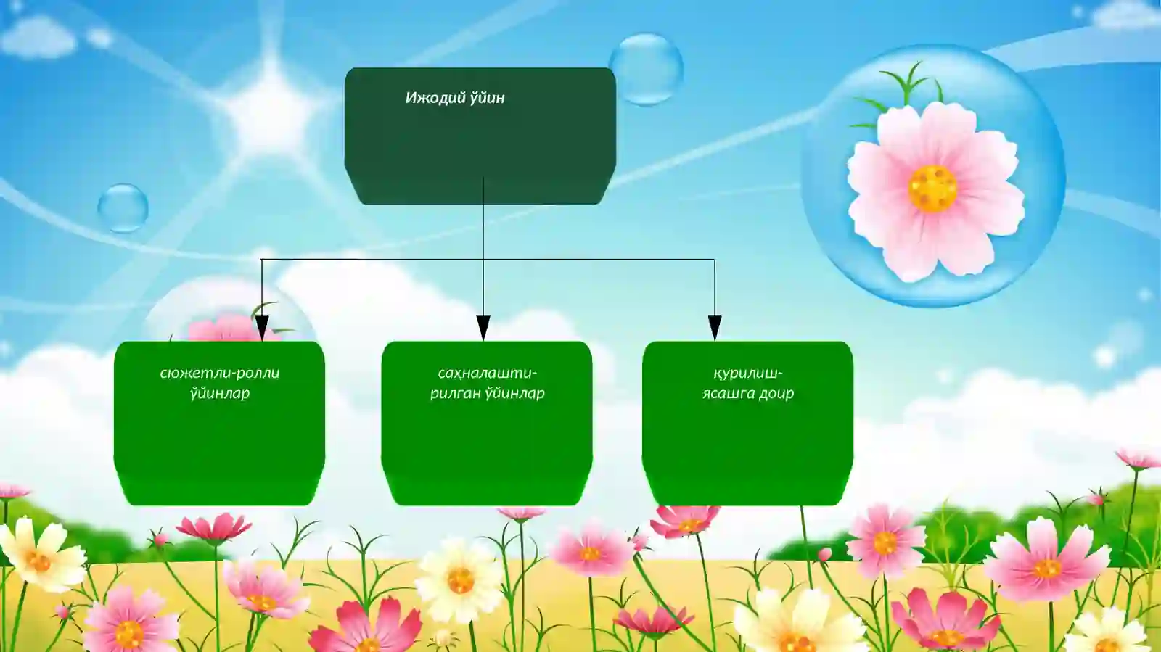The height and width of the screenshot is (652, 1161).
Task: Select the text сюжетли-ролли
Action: pos(220,374)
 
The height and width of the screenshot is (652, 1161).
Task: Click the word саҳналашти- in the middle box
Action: pos(487,374)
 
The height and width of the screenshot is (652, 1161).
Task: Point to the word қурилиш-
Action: pos(747,374)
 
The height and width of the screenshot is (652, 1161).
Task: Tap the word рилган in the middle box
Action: pos(455,394)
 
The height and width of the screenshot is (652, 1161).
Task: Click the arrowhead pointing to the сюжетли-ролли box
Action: pos(262,328)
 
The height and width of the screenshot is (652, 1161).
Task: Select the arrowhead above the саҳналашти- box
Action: pos(483,328)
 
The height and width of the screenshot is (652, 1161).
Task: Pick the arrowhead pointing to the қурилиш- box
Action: pos(715,328)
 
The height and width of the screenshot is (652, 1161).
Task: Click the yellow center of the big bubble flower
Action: pos(932,189)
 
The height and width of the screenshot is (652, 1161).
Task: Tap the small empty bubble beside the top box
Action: pos(646,69)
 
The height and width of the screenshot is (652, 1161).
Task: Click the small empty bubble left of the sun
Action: pos(123,208)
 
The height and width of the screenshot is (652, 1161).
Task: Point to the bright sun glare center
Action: pos(270,109)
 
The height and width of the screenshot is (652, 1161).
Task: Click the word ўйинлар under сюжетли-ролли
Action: pos(220,394)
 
